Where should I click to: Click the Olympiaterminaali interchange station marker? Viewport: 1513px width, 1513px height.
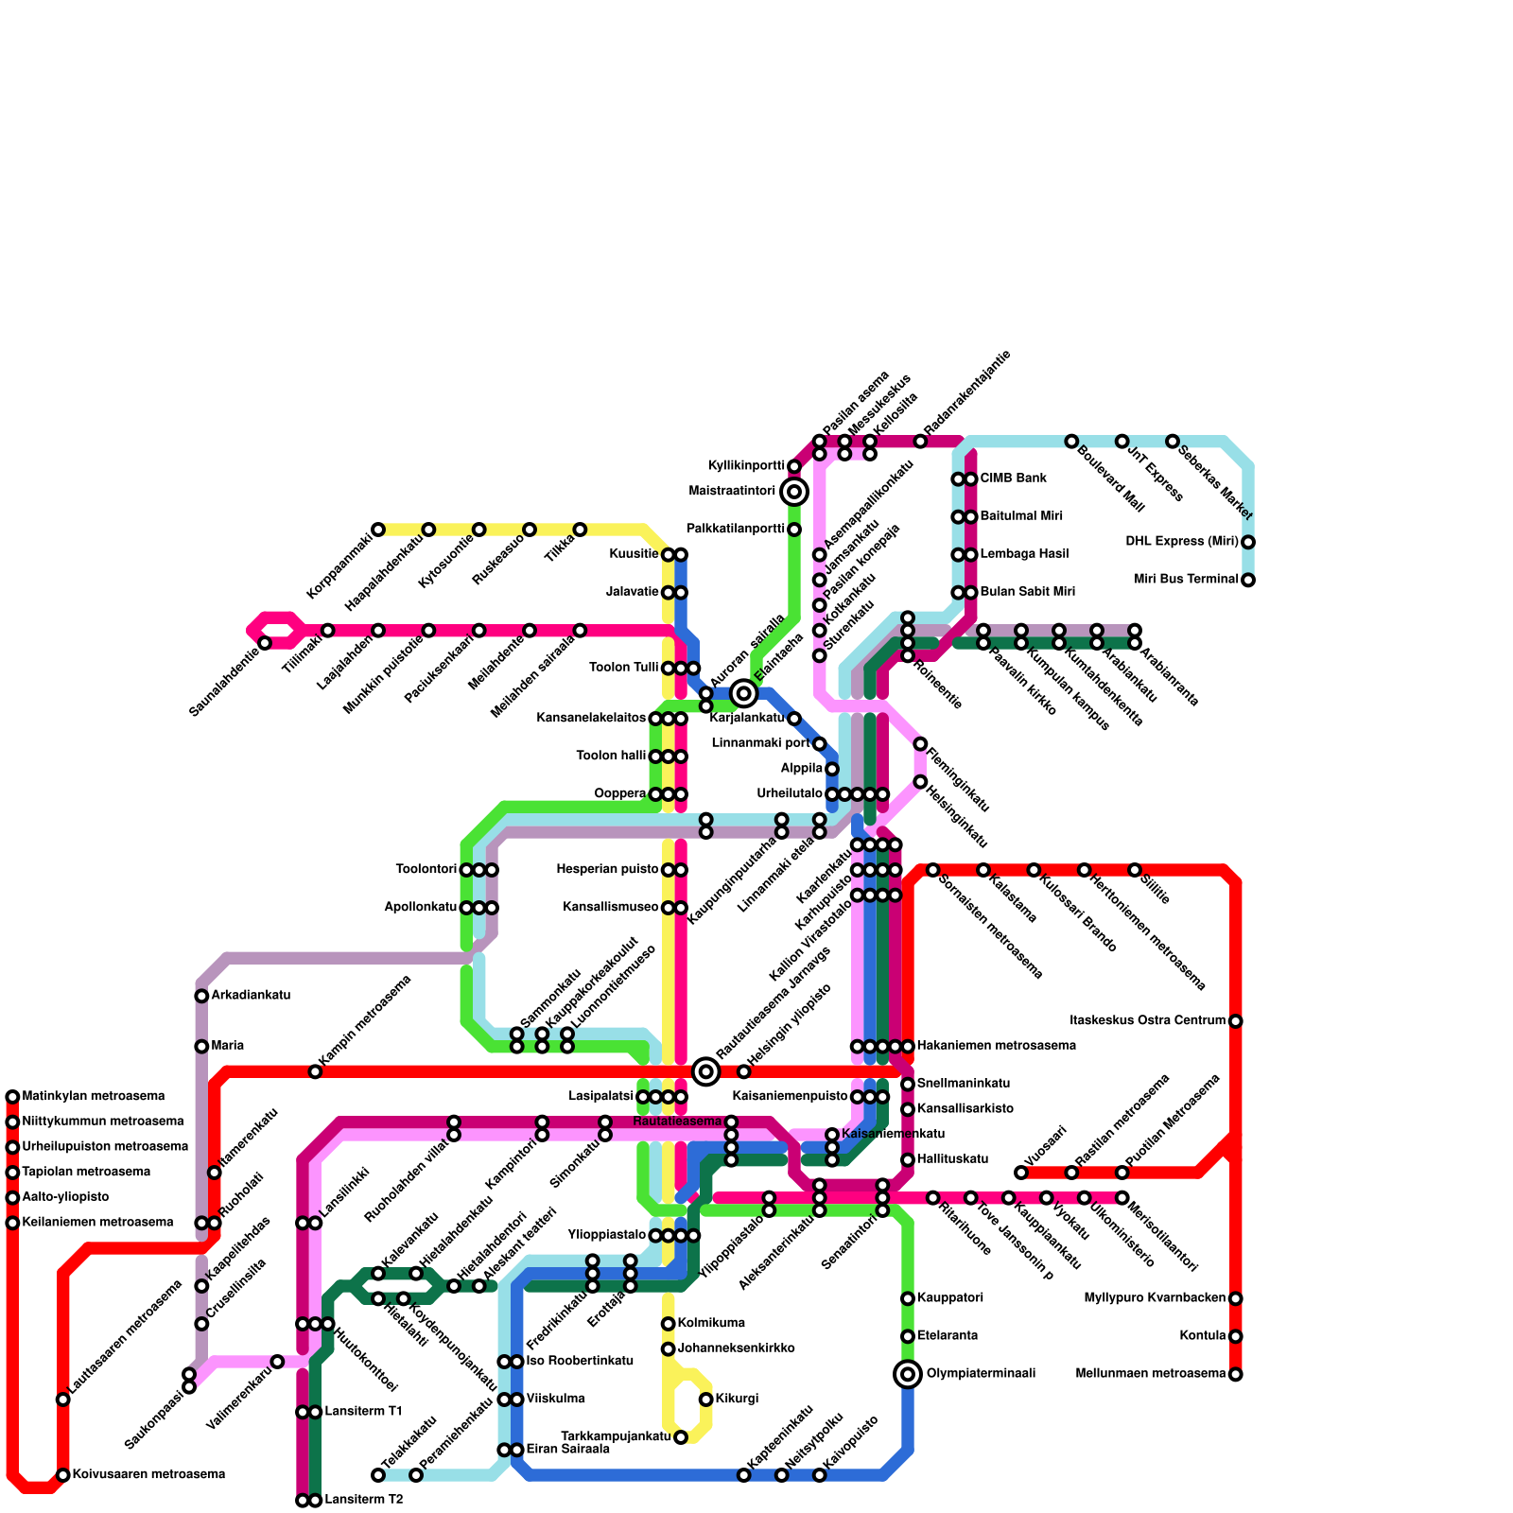click(x=908, y=1374)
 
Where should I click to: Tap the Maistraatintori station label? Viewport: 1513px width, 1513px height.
click(x=733, y=492)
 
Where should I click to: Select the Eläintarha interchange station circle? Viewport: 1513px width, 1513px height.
click(x=744, y=694)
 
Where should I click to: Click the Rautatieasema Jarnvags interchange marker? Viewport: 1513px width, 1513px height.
click(x=705, y=1071)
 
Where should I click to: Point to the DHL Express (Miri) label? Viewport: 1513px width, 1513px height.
click(x=1181, y=542)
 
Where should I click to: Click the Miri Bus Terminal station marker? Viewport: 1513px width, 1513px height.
click(x=1248, y=580)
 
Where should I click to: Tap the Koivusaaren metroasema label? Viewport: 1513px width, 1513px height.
click(x=148, y=1474)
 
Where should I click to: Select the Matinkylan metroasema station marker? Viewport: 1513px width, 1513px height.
click(x=12, y=1097)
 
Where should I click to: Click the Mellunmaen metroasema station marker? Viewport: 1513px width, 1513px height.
click(x=1235, y=1374)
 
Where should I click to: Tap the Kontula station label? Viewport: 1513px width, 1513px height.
click(x=1202, y=1336)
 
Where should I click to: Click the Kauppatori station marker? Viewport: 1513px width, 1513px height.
click(x=908, y=1298)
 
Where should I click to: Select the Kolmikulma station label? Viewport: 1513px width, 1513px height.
click(x=711, y=1324)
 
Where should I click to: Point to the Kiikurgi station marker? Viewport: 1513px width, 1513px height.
click(x=705, y=1400)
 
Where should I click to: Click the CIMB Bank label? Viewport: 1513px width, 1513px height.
click(x=1013, y=478)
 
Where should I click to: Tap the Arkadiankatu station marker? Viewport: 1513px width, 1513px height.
click(x=201, y=996)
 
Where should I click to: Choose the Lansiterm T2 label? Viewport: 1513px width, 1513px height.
click(x=364, y=1500)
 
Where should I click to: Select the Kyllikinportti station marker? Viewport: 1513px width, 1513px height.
click(x=794, y=466)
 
